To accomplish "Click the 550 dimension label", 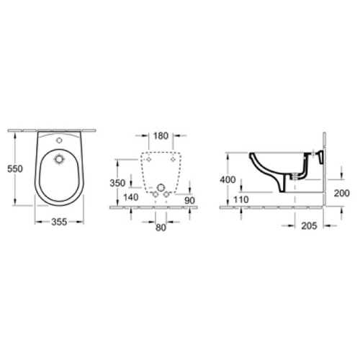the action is [15, 168].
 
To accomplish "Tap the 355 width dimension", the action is [59, 222].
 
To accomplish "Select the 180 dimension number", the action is [161, 136].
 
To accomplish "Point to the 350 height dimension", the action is [117, 183].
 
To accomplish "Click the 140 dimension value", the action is [131, 197].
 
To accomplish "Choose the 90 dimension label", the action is [189, 200].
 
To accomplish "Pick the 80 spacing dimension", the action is [161, 228].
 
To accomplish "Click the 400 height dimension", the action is [228, 179].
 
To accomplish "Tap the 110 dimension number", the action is [241, 199].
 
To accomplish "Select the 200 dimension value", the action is [342, 193].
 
